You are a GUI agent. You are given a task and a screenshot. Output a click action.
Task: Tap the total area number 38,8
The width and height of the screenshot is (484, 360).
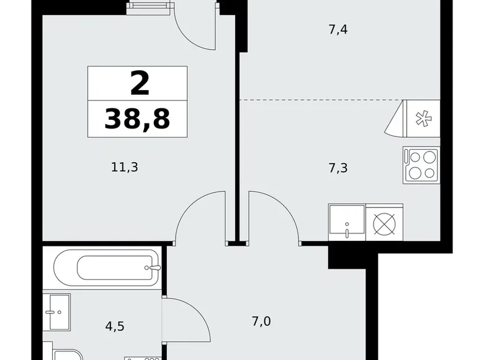point(137,118)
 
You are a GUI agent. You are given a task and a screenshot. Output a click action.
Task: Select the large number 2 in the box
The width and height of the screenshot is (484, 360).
point(139,83)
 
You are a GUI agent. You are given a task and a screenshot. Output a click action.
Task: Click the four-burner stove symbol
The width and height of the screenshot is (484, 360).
point(422,164)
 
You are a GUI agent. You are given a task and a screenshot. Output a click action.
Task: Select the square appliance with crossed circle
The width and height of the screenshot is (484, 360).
point(385,222)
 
